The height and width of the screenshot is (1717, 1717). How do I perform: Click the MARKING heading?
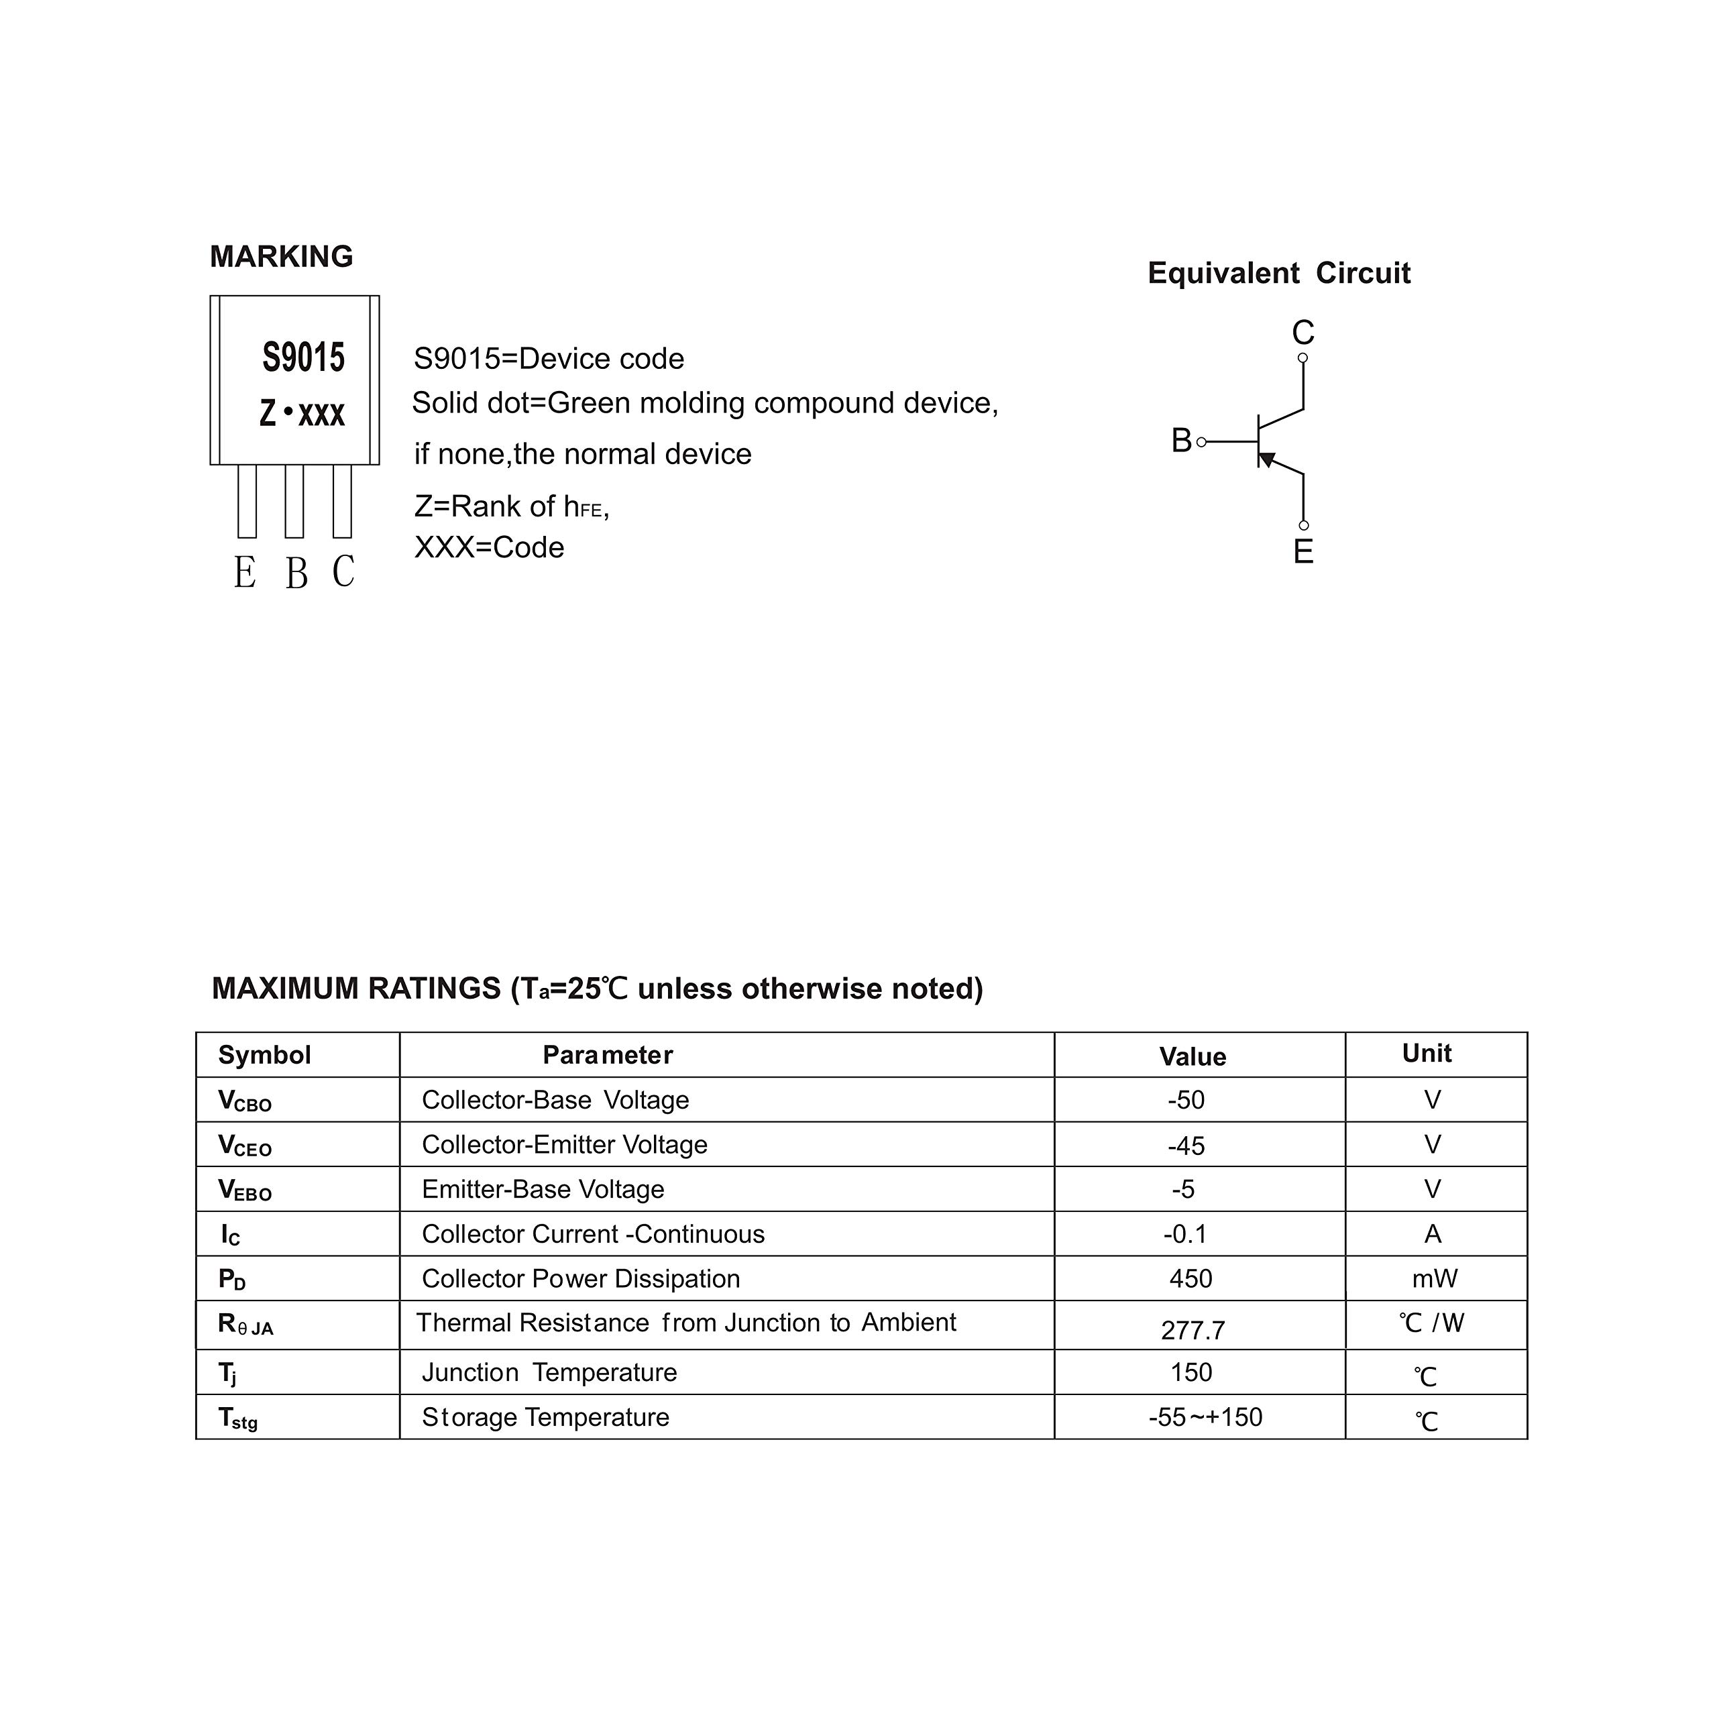pyautogui.click(x=281, y=257)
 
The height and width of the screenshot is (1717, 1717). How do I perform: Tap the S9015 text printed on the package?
pyautogui.click(x=303, y=357)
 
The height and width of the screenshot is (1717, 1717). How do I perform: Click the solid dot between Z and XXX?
pyautogui.click(x=287, y=412)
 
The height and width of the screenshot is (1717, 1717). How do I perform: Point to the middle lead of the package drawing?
pyautogui.click(x=294, y=502)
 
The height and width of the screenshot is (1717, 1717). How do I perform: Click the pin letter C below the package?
pyautogui.click(x=343, y=571)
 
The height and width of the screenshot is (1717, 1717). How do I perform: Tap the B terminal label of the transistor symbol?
pyautogui.click(x=1181, y=441)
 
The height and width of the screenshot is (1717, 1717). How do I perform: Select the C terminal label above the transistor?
pyautogui.click(x=1303, y=333)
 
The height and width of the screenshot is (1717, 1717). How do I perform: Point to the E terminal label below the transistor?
pyautogui.click(x=1303, y=552)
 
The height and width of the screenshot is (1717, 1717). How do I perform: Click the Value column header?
pyautogui.click(x=1192, y=1056)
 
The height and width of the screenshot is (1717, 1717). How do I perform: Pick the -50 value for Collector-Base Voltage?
pyautogui.click(x=1186, y=1100)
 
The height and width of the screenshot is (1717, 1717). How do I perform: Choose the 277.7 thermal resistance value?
pyautogui.click(x=1193, y=1331)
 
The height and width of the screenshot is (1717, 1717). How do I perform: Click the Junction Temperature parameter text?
pyautogui.click(x=549, y=1373)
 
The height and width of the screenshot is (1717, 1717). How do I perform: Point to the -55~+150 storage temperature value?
pyautogui.click(x=1205, y=1417)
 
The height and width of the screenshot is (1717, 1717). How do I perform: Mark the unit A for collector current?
pyautogui.click(x=1433, y=1234)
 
